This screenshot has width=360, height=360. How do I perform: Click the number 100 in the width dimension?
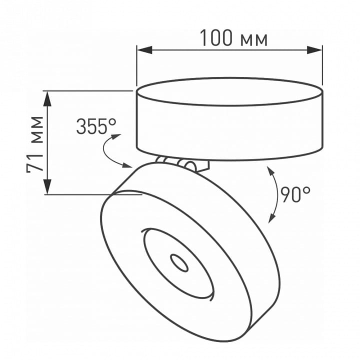point(216,38)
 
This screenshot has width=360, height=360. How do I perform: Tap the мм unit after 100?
point(254,40)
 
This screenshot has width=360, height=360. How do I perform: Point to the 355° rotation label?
point(96,126)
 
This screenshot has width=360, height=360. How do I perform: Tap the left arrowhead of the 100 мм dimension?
point(144,50)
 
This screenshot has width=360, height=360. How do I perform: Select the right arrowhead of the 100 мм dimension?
point(315,50)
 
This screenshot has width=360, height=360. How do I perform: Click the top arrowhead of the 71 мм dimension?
point(47,98)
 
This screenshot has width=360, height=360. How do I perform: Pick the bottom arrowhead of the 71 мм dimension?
point(47,186)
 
